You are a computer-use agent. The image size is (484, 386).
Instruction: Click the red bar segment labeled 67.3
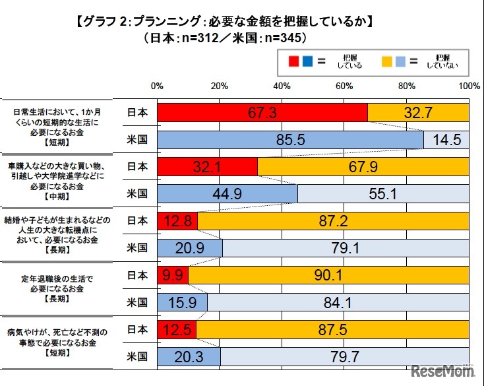pos(262,113)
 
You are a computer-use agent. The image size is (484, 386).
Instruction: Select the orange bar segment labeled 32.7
pos(418,113)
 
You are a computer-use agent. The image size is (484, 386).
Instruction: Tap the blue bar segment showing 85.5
pos(290,140)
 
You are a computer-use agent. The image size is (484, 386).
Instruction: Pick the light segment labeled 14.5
pos(446,140)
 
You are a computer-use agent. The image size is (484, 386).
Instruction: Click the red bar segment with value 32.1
pos(207,167)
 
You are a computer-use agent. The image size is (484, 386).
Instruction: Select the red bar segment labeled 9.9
pos(173,274)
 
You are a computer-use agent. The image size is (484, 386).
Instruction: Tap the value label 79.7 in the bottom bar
pos(344,356)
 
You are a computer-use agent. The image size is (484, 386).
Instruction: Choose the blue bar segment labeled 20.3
pos(189,356)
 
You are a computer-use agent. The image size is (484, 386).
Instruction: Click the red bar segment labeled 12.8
pos(177,221)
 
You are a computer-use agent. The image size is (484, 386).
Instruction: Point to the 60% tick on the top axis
pos(344,86)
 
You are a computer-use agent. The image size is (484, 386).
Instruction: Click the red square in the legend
pos(295,62)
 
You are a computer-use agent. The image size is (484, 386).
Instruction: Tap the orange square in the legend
pos(387,62)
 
